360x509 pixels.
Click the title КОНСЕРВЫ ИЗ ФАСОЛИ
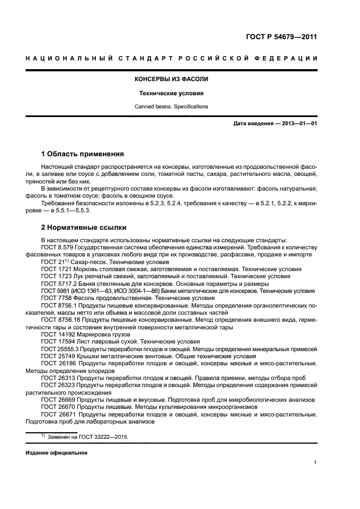click(172, 79)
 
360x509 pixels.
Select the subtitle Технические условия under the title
click(172, 93)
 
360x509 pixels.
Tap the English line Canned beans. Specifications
click(172, 107)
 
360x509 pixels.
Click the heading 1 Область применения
click(83, 154)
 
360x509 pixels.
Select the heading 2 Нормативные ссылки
click(83, 227)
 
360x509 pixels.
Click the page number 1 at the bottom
click(315, 463)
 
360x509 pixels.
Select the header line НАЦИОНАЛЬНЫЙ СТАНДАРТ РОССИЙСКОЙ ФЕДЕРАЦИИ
click(172, 58)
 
